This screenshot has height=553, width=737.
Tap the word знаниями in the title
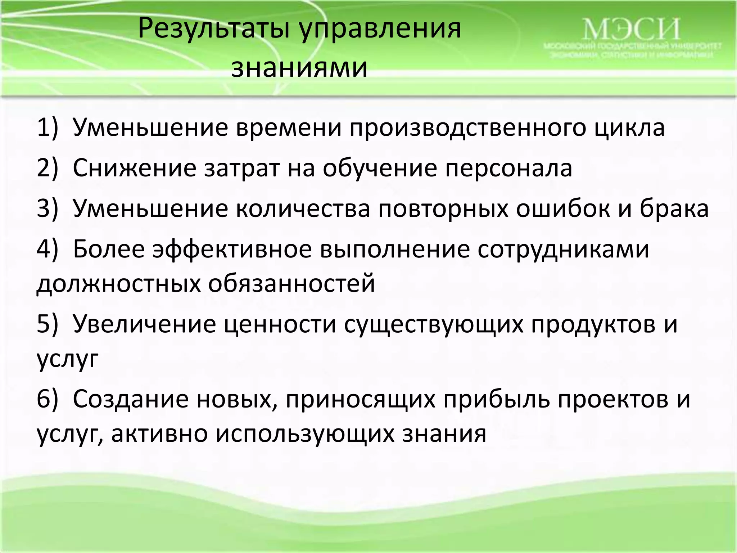[299, 68]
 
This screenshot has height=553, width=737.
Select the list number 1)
[47, 127]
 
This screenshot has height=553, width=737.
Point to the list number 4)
[47, 249]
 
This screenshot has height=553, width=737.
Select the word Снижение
[135, 168]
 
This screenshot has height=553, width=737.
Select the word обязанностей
[292, 284]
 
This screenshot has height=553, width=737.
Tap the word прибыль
[497, 400]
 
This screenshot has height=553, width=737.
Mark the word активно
[159, 433]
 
